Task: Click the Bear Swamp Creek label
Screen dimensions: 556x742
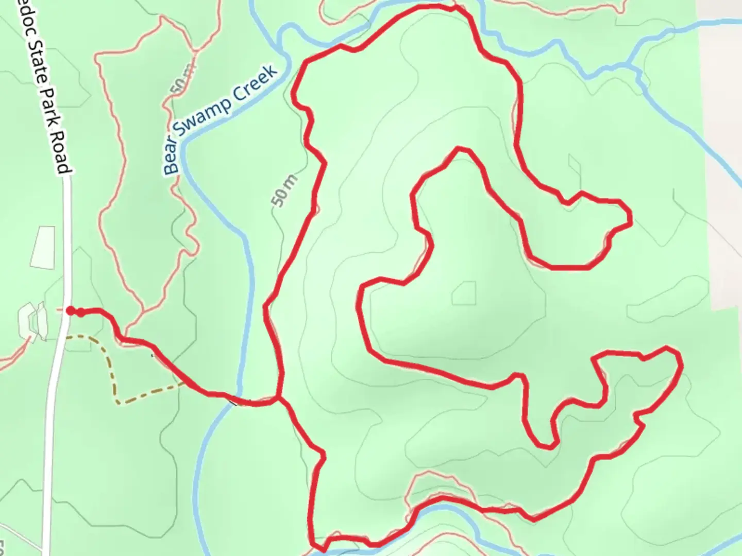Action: click(x=222, y=118)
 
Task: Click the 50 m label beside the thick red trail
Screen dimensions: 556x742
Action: click(x=284, y=191)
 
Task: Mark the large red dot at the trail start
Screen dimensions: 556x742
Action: click(x=71, y=310)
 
